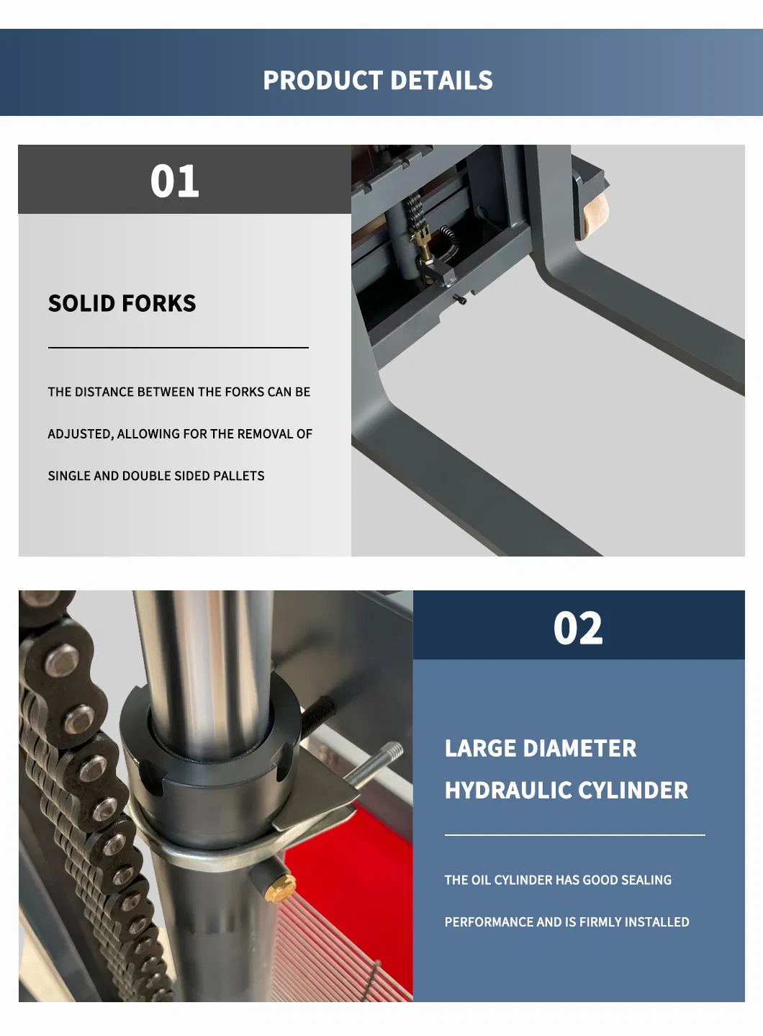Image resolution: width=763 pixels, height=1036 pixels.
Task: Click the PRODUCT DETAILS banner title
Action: pyautogui.click(x=378, y=81)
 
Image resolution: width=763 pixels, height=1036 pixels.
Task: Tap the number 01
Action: pyautogui.click(x=175, y=181)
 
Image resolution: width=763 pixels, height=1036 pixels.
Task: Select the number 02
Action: pyautogui.click(x=578, y=629)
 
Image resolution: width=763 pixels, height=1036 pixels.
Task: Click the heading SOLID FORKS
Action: pyautogui.click(x=122, y=303)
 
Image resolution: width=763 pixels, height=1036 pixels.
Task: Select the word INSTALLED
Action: pyautogui.click(x=656, y=922)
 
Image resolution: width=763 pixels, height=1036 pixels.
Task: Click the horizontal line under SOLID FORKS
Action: pyautogui.click(x=178, y=348)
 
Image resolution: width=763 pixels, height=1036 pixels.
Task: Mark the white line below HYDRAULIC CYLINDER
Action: pyautogui.click(x=574, y=835)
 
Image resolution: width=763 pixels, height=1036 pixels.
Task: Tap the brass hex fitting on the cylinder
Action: pyautogui.click(x=280, y=888)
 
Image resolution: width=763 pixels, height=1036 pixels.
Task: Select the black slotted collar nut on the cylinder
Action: pyautogui.click(x=209, y=763)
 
